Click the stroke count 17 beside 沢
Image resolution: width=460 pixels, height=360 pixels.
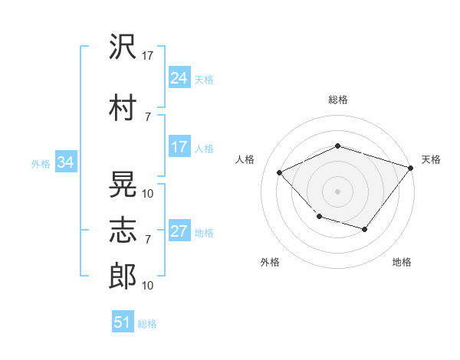149,56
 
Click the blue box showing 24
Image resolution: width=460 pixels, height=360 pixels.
179,78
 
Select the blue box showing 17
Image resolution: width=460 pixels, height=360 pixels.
179,148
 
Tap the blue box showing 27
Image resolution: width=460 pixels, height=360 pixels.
179,232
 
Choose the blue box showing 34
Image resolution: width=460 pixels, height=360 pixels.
65,162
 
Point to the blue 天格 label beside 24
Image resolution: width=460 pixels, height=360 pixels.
204,80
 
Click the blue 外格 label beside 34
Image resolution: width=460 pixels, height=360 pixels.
41,164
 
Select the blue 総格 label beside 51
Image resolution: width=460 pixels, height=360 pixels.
147,324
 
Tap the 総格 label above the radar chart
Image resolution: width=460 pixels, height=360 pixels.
338,100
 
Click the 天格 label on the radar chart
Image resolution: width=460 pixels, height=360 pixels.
431,159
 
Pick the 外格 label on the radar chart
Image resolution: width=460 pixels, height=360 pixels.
270,262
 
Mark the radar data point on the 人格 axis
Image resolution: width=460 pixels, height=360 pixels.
280,172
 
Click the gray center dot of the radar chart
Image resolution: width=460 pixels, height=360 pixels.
337,191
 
